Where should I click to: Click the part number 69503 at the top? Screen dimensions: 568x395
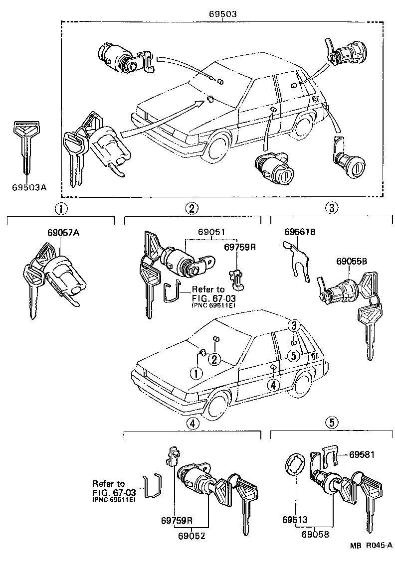[222, 14]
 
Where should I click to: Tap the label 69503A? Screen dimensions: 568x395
[29, 187]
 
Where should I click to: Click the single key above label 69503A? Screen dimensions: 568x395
[26, 149]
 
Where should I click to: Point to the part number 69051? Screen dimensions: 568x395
[211, 232]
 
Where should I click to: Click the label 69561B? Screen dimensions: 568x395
[301, 232]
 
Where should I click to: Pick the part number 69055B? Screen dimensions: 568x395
[352, 261]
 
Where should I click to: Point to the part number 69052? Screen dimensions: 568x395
[191, 536]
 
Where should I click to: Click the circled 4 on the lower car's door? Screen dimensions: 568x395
[273, 385]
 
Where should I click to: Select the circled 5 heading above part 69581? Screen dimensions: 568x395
[332, 423]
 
